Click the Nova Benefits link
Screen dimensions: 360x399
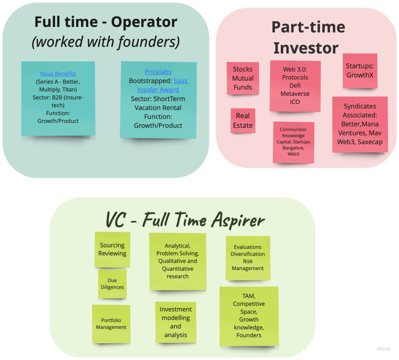coord(58,73)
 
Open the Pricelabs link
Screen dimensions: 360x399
coord(158,72)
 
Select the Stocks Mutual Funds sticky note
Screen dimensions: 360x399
coord(243,78)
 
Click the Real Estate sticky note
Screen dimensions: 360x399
coord(243,121)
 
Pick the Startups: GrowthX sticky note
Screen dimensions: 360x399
coord(360,70)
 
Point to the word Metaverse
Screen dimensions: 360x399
coord(295,94)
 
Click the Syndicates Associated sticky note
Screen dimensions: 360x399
coord(360,124)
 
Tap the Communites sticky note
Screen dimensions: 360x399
coord(293,142)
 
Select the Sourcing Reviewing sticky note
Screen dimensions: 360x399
coord(112,250)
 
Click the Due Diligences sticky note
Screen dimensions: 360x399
coord(112,284)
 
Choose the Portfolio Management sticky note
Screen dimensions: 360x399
coord(111,324)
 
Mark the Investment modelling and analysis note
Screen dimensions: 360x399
coord(176,322)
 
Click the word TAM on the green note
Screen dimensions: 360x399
coord(248,296)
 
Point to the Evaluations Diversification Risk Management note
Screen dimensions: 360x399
coord(248,258)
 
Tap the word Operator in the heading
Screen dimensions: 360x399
coord(144,22)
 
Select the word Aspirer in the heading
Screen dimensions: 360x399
coord(238,220)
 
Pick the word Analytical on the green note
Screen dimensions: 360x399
coord(177,246)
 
